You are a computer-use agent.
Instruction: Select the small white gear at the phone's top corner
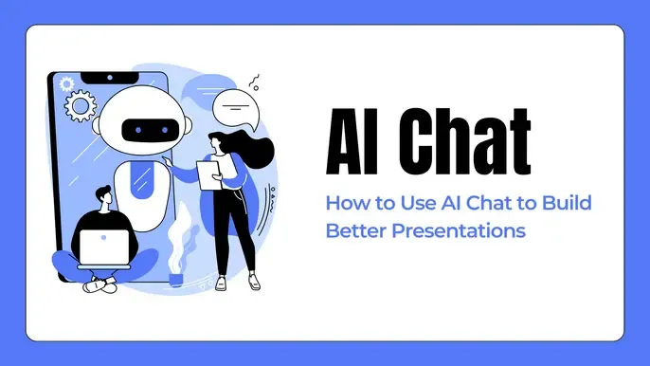[66, 84]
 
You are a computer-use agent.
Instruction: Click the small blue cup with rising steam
[175, 276]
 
